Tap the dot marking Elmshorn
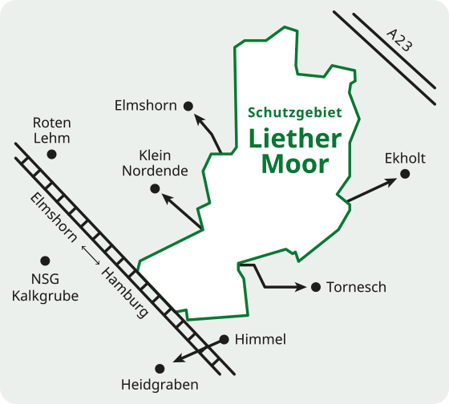(188, 105)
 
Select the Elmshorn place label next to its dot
(145, 105)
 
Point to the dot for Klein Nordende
(155, 188)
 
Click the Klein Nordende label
(155, 162)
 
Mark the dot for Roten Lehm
(52, 153)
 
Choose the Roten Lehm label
(52, 130)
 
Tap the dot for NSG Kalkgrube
(45, 261)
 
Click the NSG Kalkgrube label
(45, 287)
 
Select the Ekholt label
(405, 158)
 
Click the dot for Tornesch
(315, 287)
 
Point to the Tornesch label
(356, 287)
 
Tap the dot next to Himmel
(224, 339)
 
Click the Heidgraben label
(160, 385)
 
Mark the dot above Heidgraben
(160, 368)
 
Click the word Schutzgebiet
(295, 112)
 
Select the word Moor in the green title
(295, 164)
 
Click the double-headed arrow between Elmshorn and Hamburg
(90, 256)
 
